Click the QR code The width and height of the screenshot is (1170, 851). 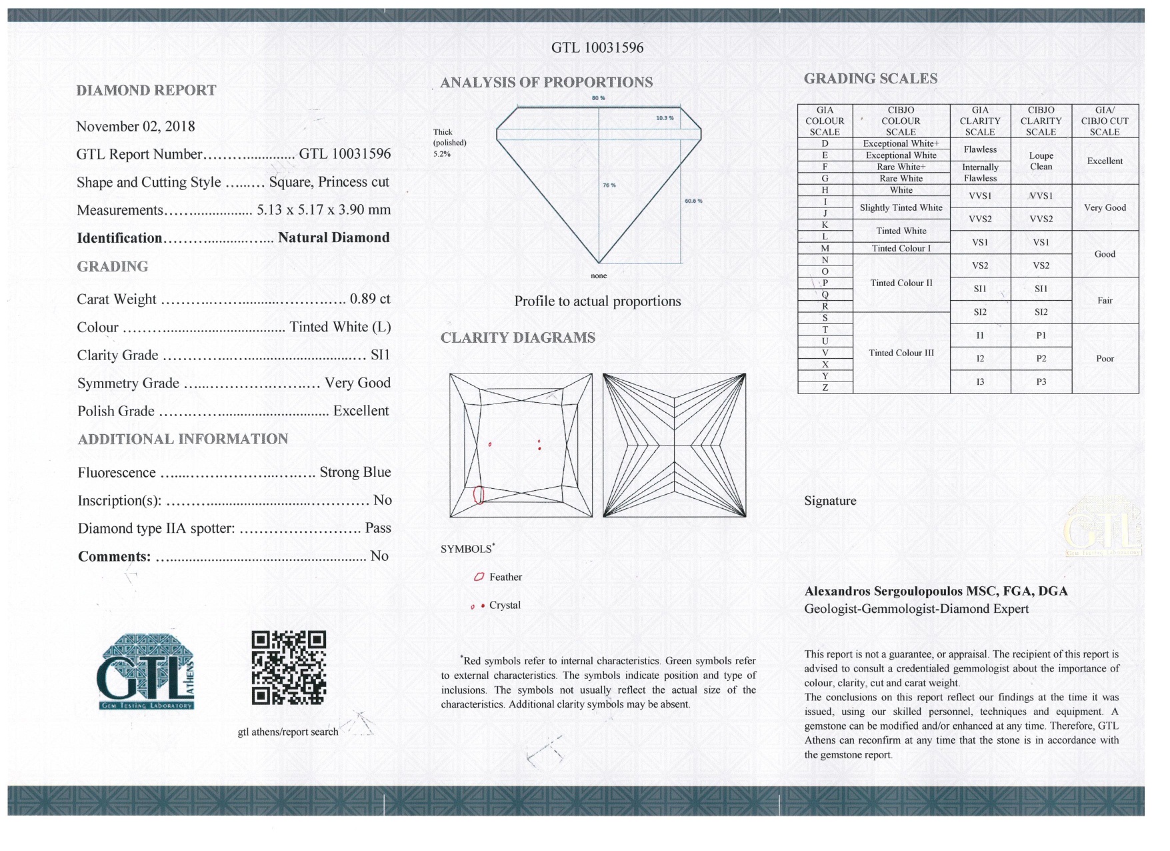289,668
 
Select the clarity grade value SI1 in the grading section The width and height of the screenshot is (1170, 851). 380,355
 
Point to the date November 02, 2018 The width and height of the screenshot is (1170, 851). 135,127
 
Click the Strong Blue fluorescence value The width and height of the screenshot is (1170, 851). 355,472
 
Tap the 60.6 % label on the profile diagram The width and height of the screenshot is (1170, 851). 693,201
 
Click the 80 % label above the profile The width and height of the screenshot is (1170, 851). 598,98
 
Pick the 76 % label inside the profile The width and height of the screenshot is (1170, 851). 609,185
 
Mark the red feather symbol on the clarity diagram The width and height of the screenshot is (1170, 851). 478,495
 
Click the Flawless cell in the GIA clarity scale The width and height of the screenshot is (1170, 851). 979,149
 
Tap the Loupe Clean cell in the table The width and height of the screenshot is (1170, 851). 1040,161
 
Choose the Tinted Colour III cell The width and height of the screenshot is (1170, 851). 901,353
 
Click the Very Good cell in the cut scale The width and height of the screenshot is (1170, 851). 1104,207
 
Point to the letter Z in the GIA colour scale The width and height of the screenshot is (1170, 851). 825,387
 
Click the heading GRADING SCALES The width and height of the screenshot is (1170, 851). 870,79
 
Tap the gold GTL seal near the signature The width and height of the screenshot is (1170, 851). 1103,528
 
